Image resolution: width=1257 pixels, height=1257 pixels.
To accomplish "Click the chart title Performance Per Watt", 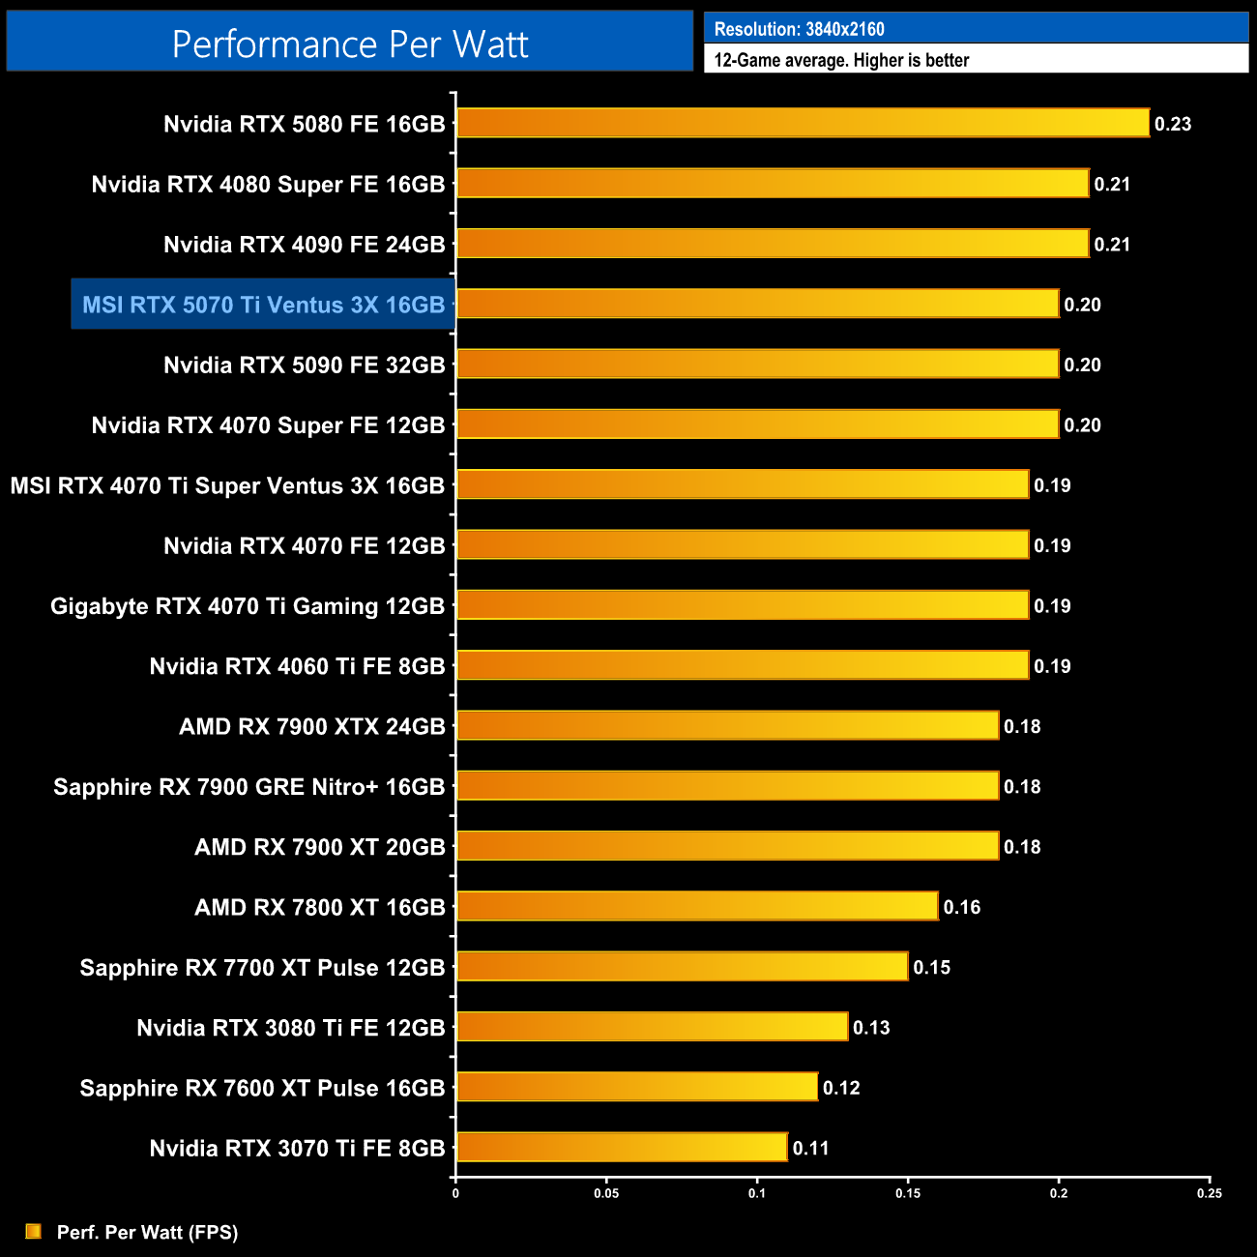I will click(x=350, y=44).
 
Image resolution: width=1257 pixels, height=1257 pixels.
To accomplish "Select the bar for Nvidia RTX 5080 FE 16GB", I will click(x=803, y=124).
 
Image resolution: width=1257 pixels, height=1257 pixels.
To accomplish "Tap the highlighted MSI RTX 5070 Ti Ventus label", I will click(x=263, y=305).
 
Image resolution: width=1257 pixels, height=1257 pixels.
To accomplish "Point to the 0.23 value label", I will click(x=1173, y=124).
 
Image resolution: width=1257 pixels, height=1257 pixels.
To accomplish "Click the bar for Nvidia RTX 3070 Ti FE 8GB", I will click(x=622, y=1148).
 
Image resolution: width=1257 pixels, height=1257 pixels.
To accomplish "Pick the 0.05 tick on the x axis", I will click(x=606, y=1193).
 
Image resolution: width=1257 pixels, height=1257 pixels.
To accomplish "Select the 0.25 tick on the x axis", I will click(x=1210, y=1193).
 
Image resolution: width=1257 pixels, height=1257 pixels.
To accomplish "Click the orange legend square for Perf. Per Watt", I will click(x=34, y=1231).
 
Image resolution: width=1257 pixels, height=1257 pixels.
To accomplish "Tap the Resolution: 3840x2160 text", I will click(x=799, y=29).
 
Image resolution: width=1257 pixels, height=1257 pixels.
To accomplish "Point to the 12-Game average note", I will click(x=841, y=60).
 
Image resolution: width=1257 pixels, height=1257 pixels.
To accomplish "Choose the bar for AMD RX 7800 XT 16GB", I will click(x=697, y=907).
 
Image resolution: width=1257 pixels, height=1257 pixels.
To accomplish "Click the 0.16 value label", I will click(x=962, y=907).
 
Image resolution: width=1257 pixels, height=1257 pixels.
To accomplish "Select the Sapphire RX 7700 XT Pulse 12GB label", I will click(x=262, y=968).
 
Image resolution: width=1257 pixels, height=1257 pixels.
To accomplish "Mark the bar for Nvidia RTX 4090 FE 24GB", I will click(x=773, y=244).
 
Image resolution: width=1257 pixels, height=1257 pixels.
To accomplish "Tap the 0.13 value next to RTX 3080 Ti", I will click(x=871, y=1028).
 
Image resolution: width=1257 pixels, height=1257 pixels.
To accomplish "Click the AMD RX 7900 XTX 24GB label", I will click(x=311, y=726).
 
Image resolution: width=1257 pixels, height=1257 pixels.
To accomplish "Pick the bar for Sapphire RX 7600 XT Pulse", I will click(x=637, y=1088).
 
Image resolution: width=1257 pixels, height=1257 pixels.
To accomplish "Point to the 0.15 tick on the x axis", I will click(x=908, y=1193).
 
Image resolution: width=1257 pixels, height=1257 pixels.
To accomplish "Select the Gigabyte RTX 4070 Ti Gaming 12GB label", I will click(x=248, y=606).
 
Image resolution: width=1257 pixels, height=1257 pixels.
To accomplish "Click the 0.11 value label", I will click(x=811, y=1148).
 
